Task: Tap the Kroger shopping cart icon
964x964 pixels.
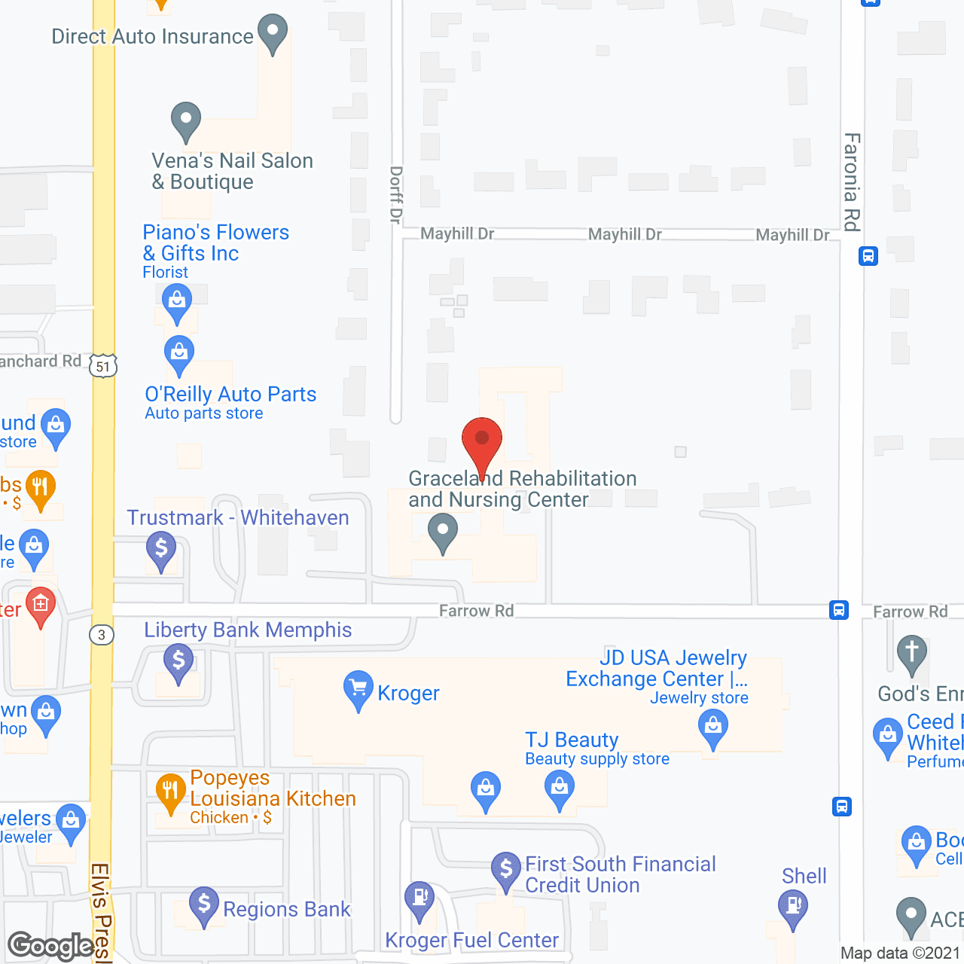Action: [358, 688]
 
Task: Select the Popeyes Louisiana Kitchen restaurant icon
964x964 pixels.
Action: [171, 792]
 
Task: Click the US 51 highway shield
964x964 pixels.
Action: [103, 367]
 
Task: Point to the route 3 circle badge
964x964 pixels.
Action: [102, 635]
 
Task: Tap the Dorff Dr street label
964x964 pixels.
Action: [396, 195]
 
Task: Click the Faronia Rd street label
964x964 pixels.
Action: [852, 182]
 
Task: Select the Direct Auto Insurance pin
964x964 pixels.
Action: [272, 32]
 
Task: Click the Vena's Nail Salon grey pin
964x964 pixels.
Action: [185, 119]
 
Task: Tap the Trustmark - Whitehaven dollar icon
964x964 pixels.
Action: [160, 548]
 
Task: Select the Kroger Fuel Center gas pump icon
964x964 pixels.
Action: [419, 898]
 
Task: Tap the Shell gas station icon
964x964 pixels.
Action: [792, 905]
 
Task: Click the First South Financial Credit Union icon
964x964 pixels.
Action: [506, 869]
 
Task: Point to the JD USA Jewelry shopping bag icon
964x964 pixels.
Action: [712, 728]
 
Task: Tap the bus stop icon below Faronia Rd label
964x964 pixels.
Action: [868, 256]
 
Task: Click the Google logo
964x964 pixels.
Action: [51, 946]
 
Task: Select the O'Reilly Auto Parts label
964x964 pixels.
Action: [230, 394]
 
